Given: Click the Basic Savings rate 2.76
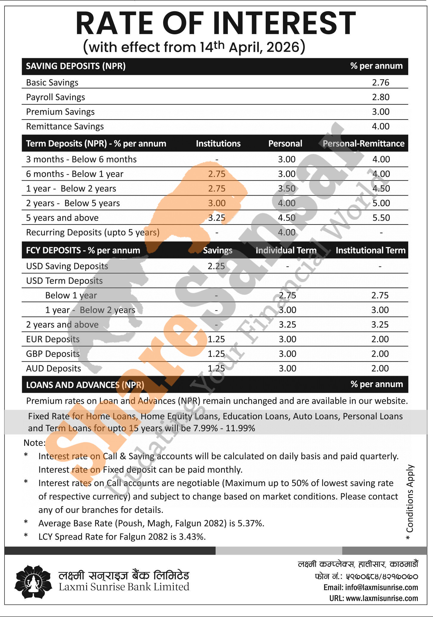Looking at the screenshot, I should (381, 83).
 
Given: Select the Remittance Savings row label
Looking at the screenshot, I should (65, 126).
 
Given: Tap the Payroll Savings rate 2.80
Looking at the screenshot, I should (381, 97).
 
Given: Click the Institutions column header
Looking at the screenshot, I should (218, 144).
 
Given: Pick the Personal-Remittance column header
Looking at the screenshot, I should (363, 144).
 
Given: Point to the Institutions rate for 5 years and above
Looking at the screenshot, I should (216, 218).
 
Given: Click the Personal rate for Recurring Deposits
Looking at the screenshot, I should (287, 232).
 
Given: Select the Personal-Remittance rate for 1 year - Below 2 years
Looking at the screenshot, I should (381, 188).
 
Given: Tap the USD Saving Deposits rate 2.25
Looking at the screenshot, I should (216, 266).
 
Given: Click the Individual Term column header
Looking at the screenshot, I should (286, 250).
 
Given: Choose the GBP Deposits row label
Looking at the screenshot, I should (53, 354).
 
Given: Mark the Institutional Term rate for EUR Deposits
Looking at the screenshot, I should (380, 339).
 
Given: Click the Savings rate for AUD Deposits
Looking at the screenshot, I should (216, 369).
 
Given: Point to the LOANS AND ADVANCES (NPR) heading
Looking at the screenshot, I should (85, 385).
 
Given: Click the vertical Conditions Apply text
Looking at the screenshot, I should (410, 502).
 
